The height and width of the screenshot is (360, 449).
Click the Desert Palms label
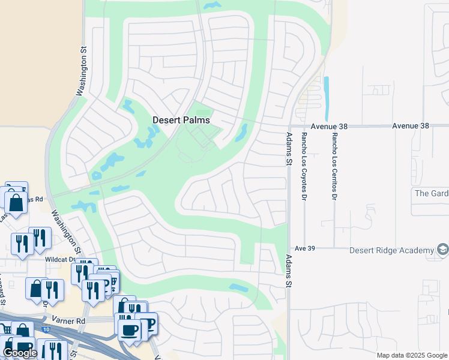pos(181,120)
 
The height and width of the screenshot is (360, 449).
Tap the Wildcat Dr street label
pos(59,260)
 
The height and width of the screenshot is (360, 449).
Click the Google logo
pos(20,353)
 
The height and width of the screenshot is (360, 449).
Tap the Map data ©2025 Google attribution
pos(412,355)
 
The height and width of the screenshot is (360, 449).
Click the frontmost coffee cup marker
pos(129,330)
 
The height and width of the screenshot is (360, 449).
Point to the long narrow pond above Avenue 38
pos(327,98)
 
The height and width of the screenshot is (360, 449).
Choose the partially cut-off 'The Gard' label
pos(431,193)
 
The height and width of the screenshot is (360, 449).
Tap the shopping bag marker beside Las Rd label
pos(16,203)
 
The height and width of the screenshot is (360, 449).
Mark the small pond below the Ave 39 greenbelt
pos(238,288)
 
